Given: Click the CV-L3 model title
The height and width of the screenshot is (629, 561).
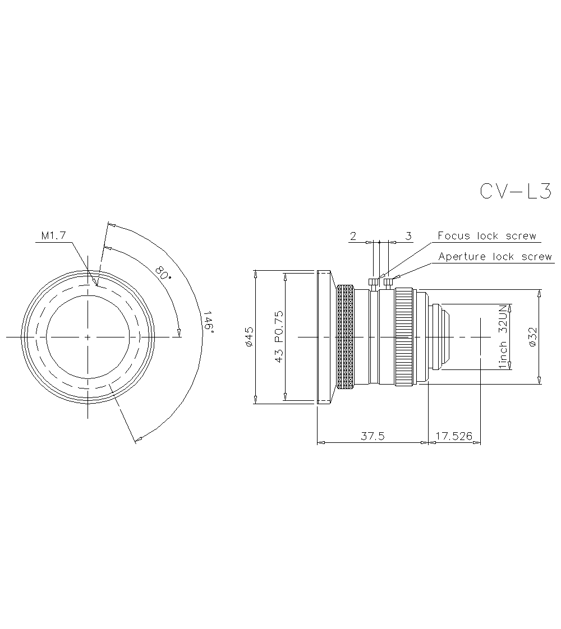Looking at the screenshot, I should point(516,191).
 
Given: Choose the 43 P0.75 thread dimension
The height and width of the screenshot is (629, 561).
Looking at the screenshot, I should point(279,337).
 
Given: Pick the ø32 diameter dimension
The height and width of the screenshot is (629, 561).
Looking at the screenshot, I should point(533,337).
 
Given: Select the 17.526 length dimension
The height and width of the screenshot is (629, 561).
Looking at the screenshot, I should point(454,436).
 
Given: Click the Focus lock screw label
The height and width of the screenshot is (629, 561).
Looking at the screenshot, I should point(487,236).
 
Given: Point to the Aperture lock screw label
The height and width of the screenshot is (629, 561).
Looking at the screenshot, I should point(495,257).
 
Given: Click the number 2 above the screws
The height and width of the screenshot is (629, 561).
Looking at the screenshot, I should point(353,236).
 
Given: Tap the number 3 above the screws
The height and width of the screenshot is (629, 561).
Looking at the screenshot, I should point(408,236).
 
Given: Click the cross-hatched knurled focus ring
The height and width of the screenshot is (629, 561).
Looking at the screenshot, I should point(345,337).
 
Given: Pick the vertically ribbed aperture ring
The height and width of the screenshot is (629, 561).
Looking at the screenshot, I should point(404,337).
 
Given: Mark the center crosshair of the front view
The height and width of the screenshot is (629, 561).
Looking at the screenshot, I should point(88,337).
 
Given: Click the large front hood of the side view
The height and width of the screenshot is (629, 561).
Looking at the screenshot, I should point(324,337).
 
